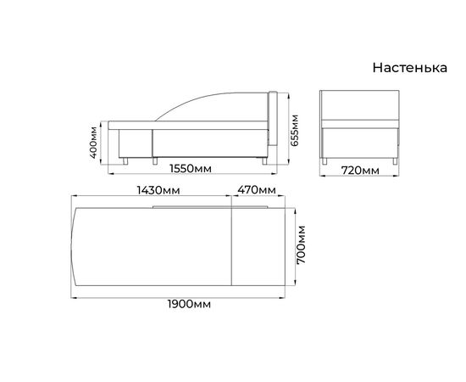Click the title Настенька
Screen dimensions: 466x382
pos(410,68)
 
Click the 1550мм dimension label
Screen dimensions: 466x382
pos(191,169)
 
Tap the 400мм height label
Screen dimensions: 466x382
pos(93,143)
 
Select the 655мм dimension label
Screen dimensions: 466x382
pos(294,130)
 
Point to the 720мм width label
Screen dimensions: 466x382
pos(360,171)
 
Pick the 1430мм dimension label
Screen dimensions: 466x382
pos(158,190)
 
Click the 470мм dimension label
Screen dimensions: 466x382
pos(257,190)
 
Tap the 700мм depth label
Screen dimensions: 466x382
pos(301,244)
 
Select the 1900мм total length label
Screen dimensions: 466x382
pos(189,304)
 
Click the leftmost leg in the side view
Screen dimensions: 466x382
pos(125,161)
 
